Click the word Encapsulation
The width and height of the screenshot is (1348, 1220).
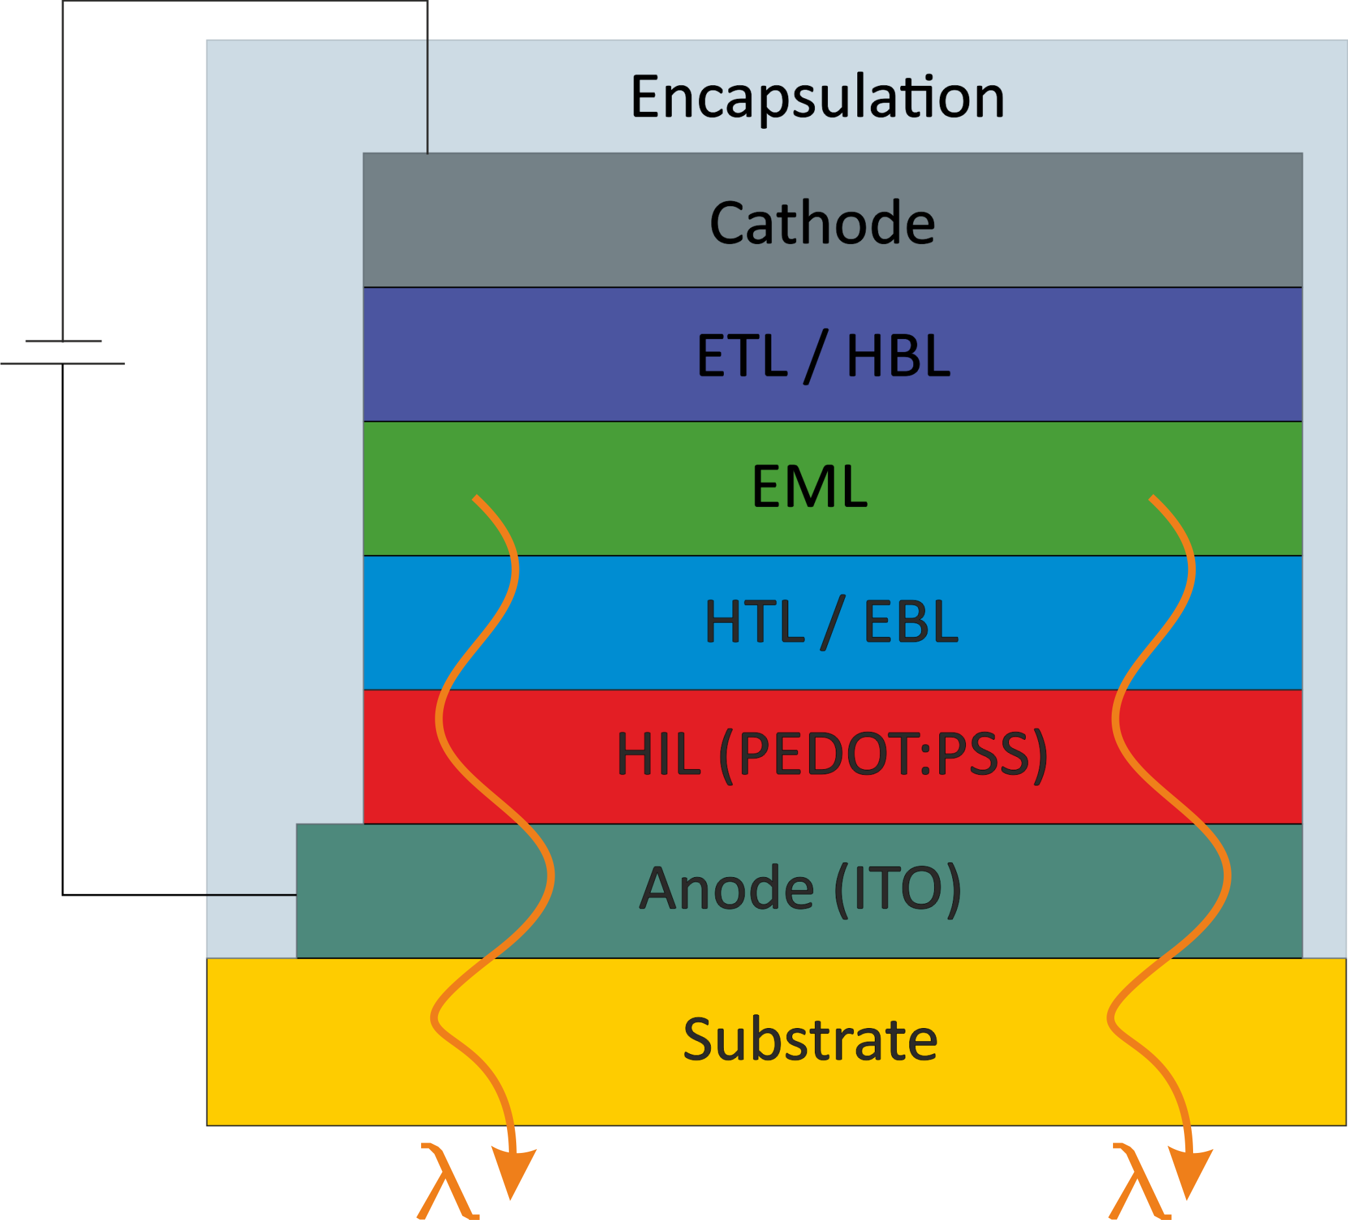click(x=817, y=98)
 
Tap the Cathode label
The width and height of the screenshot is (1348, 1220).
click(x=822, y=222)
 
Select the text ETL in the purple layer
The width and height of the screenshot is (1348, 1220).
click(x=741, y=355)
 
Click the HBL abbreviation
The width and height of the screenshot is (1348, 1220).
click(x=898, y=355)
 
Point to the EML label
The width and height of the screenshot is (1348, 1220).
click(x=810, y=486)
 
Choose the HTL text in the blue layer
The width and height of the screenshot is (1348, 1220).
click(x=755, y=620)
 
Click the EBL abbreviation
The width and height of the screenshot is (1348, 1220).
click(x=911, y=620)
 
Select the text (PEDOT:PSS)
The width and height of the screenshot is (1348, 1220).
click(x=883, y=755)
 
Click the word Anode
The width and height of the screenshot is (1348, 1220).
click(x=727, y=888)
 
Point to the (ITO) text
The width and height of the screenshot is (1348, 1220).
click(x=898, y=889)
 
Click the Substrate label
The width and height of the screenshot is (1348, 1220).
click(x=810, y=1040)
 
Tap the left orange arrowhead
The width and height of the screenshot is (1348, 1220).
click(x=513, y=1173)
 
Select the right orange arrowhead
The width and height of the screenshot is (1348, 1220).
click(x=1190, y=1173)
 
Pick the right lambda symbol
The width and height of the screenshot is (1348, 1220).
click(x=1141, y=1182)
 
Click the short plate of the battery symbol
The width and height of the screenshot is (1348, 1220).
click(x=64, y=341)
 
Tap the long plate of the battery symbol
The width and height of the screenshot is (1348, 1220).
click(x=62, y=364)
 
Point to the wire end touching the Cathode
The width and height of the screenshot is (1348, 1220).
click(x=427, y=153)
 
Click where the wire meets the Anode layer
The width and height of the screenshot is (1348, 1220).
click(x=296, y=895)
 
